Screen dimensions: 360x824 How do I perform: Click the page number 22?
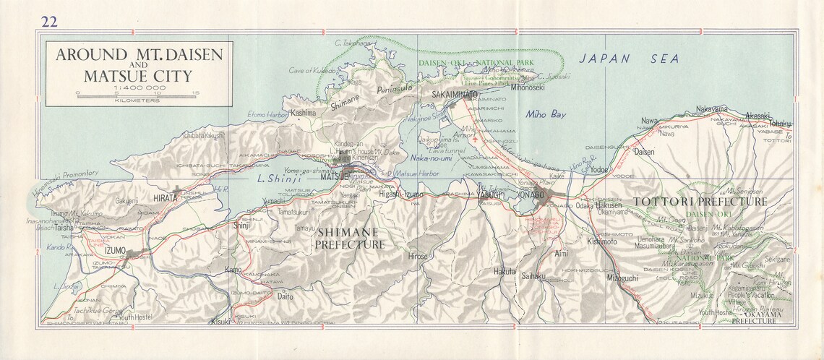pyautogui.click(x=49, y=21)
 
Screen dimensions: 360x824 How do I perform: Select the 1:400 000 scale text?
pyautogui.click(x=135, y=85)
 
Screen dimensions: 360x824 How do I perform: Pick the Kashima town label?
pyautogui.click(x=303, y=113)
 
